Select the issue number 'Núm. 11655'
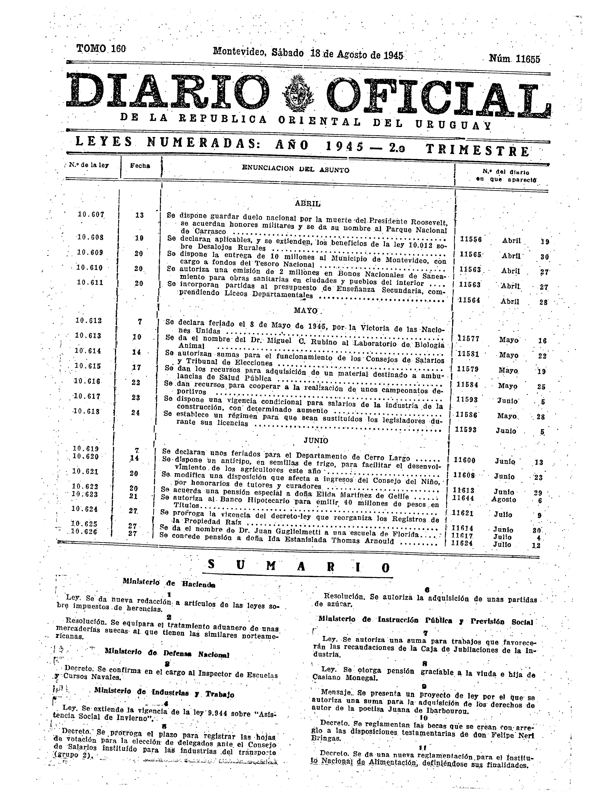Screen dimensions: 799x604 tap(514, 59)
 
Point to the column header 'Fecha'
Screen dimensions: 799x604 tap(140, 166)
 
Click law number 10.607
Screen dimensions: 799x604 tap(91, 214)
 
